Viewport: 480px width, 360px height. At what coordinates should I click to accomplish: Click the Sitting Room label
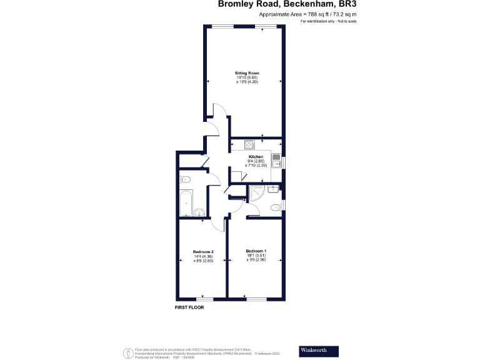(243, 73)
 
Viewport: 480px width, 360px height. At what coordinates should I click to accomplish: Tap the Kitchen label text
(256, 156)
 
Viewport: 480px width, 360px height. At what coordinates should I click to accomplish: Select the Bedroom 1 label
(256, 251)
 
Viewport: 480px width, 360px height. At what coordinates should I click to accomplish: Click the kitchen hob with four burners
(250, 145)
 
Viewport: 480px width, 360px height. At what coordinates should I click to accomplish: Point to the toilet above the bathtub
(186, 180)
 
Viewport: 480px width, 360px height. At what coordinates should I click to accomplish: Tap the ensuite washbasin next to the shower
(274, 189)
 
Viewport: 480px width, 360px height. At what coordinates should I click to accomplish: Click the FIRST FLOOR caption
(189, 307)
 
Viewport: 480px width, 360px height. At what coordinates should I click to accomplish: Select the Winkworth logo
(317, 350)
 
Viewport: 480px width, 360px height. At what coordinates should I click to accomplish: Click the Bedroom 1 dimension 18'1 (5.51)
(256, 256)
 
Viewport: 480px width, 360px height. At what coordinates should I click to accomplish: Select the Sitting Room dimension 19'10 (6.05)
(243, 77)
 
